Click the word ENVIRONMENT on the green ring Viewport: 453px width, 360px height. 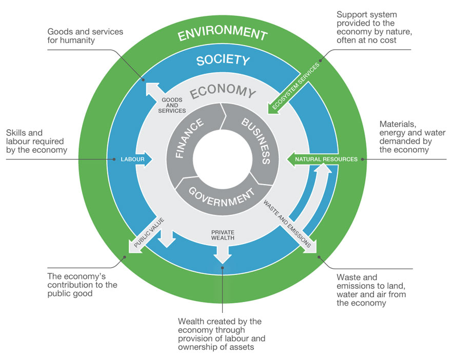[x=222, y=34]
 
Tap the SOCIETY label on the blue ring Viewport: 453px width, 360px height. [x=223, y=60]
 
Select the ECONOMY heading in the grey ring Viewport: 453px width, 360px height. [x=223, y=92]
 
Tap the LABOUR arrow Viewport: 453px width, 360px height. [x=134, y=159]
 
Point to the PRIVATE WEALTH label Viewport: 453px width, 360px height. [x=223, y=235]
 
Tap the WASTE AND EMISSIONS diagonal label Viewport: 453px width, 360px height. [x=288, y=224]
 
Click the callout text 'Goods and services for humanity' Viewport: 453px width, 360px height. [x=85, y=36]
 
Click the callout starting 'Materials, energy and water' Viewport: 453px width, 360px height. [x=406, y=136]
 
